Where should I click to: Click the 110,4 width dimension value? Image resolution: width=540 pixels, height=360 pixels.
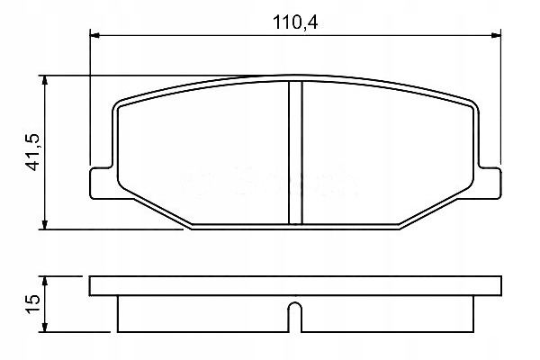coord(295,22)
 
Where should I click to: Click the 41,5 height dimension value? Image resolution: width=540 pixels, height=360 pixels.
coord(33,152)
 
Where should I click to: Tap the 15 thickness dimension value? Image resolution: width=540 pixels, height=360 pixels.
coord(33,304)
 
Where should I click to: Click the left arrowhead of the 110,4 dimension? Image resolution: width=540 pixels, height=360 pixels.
coord(94,35)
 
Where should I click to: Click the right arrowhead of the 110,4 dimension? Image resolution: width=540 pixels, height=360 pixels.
coord(496,35)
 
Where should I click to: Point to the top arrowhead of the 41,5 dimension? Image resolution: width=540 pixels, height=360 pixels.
coord(44,80)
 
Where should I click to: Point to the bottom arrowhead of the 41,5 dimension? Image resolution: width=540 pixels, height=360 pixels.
coord(44,224)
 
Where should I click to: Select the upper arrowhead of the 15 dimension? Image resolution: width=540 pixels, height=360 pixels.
coord(44,281)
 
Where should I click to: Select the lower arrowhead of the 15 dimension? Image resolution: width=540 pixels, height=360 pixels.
coord(44,328)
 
